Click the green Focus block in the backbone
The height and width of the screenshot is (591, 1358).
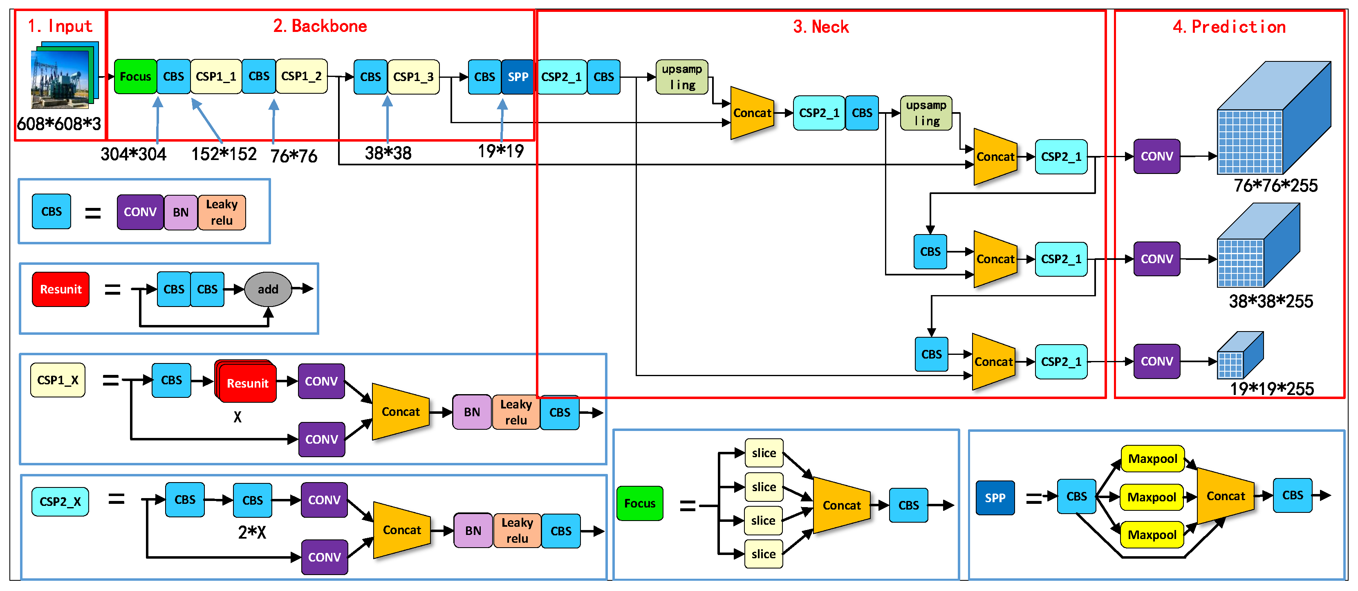point(135,77)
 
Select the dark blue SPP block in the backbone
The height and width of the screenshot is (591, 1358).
point(517,77)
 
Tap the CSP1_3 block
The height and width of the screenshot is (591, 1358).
point(413,77)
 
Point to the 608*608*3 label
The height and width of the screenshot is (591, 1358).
point(58,124)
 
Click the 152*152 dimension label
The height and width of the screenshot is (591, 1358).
point(224,154)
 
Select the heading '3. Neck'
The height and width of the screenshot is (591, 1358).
point(820,26)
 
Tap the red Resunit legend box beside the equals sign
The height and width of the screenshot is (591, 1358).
point(61,289)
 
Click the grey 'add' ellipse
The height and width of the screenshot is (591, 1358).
point(268,289)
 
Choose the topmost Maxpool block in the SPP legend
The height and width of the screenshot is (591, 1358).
point(1152,458)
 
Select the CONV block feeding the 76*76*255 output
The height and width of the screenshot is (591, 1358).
point(1156,156)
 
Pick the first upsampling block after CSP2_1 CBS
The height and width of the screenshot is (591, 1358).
point(681,77)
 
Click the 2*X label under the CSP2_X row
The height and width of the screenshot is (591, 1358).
point(251,532)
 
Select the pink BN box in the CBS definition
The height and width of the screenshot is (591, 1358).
point(180,212)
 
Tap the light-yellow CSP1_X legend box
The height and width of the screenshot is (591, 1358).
point(58,380)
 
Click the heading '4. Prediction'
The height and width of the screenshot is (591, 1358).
point(1228,26)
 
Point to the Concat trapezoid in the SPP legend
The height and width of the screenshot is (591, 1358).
point(1225,496)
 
